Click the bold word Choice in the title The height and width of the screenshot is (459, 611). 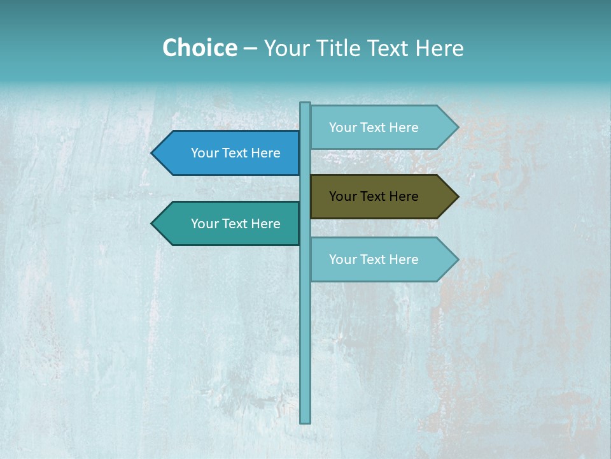click(199, 48)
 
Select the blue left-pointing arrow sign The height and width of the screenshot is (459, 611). click(229, 153)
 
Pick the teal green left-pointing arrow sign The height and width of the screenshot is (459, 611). click(229, 224)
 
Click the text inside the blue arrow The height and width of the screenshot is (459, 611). click(235, 153)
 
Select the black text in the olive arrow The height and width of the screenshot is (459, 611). click(374, 196)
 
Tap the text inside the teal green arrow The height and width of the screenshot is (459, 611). click(235, 224)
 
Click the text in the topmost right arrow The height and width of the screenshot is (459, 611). click(374, 127)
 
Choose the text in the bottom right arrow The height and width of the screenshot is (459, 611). click(374, 259)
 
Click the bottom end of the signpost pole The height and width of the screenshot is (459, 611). click(305, 420)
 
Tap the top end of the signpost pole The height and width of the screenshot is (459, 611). click(305, 105)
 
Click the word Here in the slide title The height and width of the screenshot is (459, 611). click(439, 48)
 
